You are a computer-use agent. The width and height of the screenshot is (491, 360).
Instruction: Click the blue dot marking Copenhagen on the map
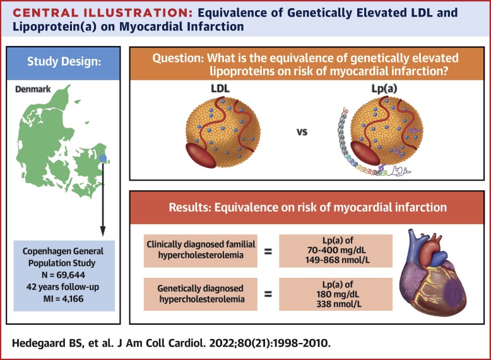[x=103, y=159]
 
